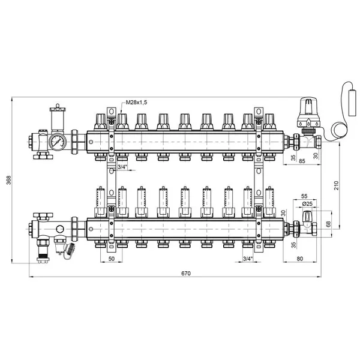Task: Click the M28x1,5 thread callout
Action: (x=136, y=103)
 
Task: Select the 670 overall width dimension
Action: (x=186, y=273)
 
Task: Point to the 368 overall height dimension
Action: (x=8, y=180)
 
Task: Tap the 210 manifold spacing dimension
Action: (x=336, y=185)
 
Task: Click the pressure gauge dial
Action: (x=58, y=142)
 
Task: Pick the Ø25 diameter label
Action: (x=307, y=203)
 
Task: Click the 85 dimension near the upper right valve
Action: (x=302, y=161)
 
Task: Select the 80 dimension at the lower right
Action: (x=300, y=259)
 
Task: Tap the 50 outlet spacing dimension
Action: (x=112, y=259)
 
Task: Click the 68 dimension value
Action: (x=328, y=224)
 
